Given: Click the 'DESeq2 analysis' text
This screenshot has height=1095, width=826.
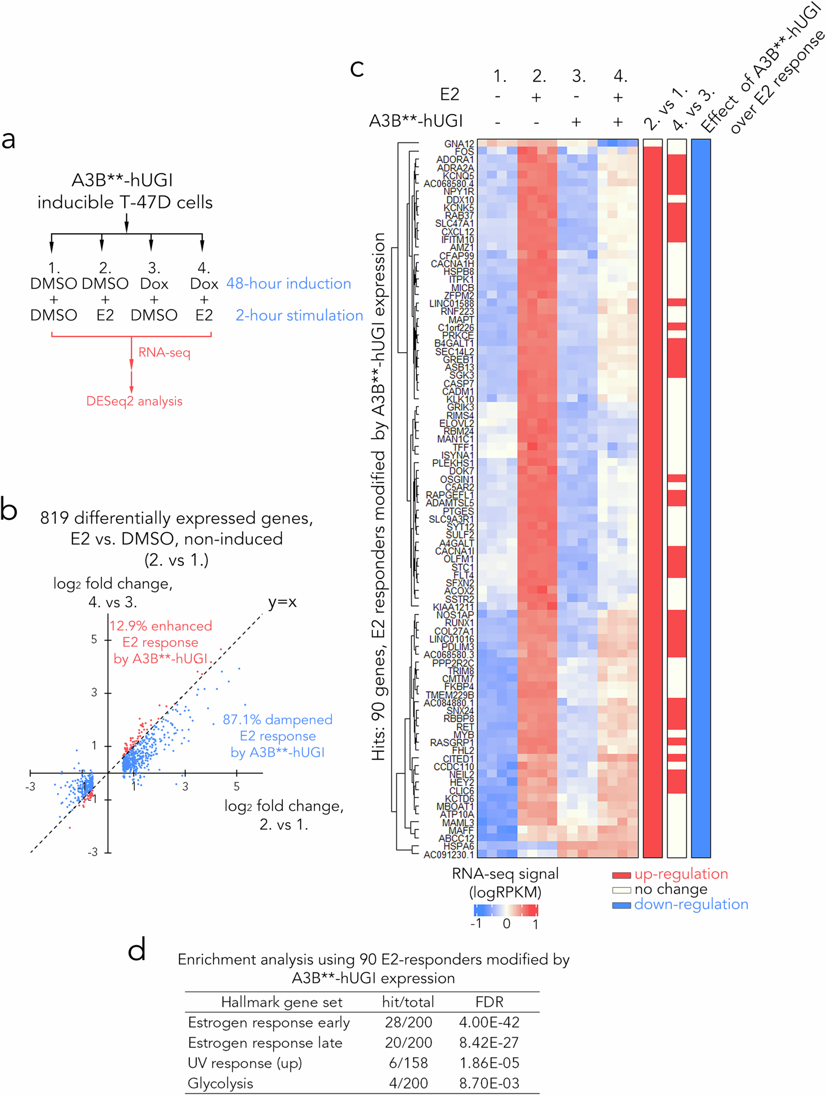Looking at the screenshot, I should [134, 401].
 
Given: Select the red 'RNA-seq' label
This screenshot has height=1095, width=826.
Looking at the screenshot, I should [164, 352].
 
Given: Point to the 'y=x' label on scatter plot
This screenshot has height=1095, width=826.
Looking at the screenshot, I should [282, 602].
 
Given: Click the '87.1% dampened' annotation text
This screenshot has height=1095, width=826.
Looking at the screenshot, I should [278, 719].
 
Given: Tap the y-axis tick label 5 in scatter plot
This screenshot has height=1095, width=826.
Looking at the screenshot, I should [94, 640].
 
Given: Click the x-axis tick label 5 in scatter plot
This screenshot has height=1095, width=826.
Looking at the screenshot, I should [237, 786].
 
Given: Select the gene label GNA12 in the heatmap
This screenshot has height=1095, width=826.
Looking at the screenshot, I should [459, 143].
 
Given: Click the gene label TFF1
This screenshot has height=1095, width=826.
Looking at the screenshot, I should [463, 447].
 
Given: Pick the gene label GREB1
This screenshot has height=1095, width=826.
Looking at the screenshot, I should [458, 359].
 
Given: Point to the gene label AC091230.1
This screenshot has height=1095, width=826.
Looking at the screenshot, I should [448, 854].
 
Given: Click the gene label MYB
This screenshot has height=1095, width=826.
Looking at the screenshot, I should [464, 735].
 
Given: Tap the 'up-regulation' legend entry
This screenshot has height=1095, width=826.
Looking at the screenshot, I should [681, 874].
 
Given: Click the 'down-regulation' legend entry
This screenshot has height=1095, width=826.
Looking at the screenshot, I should [691, 904].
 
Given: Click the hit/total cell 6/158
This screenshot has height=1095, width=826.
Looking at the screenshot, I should [408, 1063].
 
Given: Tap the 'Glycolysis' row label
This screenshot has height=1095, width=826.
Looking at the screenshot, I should [220, 1083].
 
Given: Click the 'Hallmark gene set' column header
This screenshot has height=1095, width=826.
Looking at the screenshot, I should [282, 1002].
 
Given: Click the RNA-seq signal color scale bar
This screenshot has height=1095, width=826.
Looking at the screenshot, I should [505, 910].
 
